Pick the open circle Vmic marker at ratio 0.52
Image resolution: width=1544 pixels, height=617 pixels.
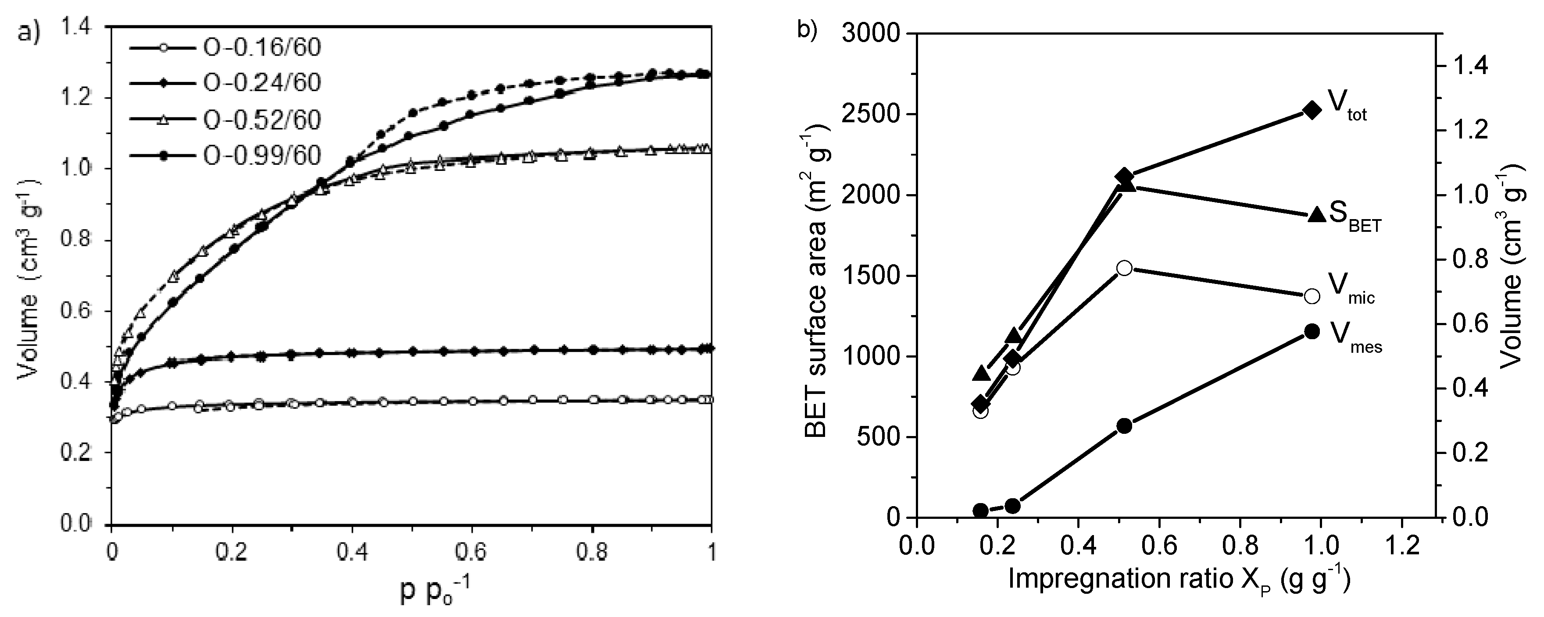pyautogui.click(x=1124, y=268)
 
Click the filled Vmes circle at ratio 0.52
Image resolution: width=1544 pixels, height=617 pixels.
pyautogui.click(x=1124, y=426)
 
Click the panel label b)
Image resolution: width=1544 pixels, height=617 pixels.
pyautogui.click(x=807, y=30)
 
